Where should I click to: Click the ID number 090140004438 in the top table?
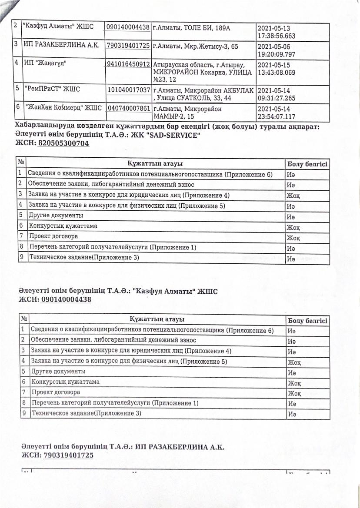(128, 27)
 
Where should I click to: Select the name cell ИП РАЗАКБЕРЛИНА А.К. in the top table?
(63, 45)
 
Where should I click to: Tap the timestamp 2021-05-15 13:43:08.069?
(277, 68)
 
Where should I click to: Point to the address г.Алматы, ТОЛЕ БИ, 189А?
(191, 27)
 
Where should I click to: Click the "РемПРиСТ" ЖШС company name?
(51, 90)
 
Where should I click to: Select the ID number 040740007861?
(128, 108)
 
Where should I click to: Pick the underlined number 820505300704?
(63, 143)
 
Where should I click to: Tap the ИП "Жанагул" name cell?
(47, 64)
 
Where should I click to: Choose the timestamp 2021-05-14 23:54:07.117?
(277, 113)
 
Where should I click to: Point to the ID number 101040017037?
(128, 90)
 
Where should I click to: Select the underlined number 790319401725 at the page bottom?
(68, 455)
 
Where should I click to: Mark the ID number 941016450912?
(128, 64)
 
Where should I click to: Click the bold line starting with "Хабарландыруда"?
(167, 126)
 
